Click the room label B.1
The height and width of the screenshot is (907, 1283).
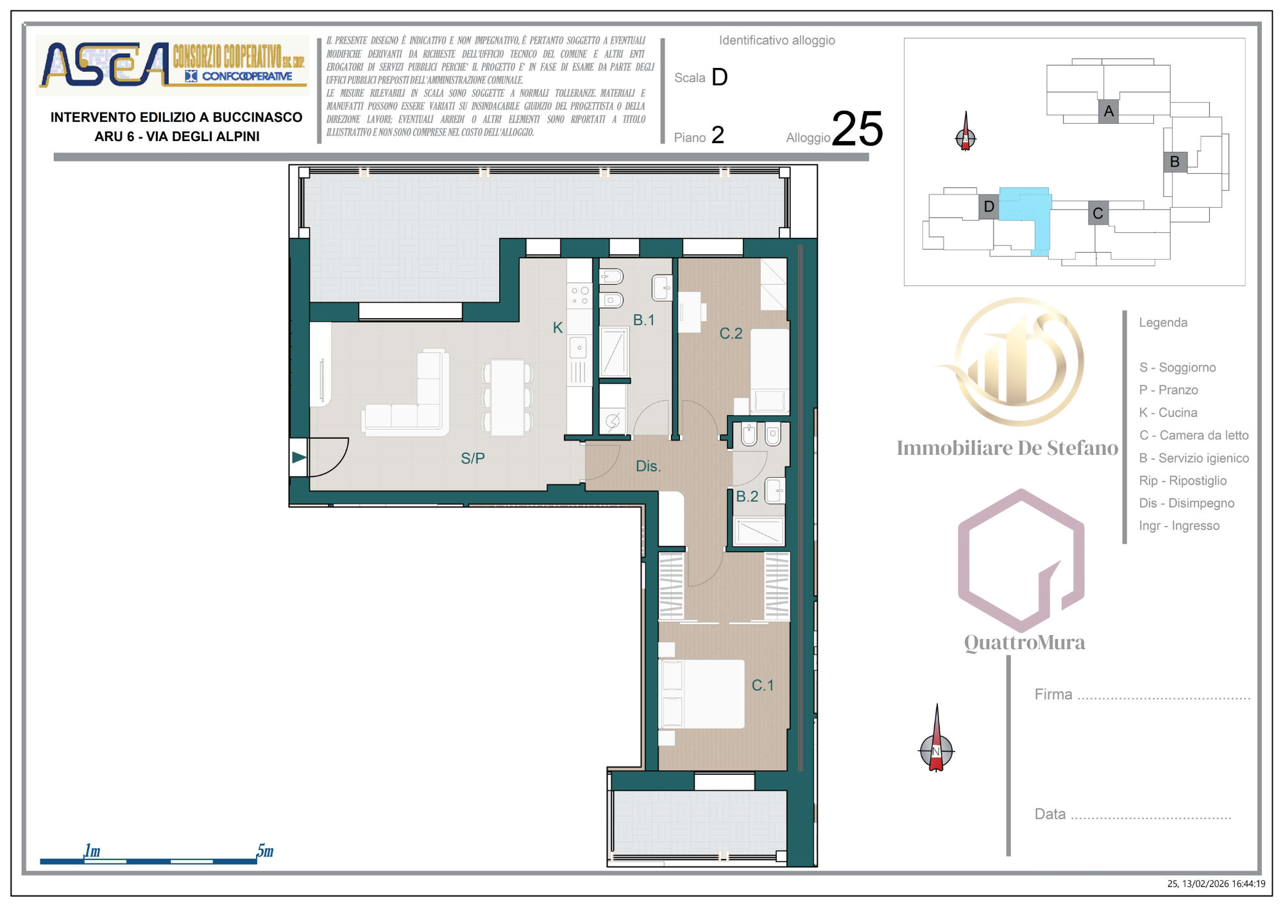coord(643,319)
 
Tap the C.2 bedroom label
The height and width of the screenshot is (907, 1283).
coord(731,333)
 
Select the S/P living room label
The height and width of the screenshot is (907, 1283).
coord(473,458)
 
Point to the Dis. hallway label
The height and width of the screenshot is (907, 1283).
coord(648,466)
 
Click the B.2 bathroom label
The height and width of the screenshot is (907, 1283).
coord(747,496)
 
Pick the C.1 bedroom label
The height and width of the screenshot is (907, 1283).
coord(762,685)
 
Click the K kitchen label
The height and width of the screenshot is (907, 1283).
coord(557,327)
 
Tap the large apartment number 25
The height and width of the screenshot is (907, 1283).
coord(858,128)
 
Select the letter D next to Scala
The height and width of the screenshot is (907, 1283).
coord(720,77)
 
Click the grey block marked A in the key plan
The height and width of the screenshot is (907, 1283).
coord(1109,112)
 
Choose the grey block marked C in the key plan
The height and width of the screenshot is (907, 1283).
coord(1098,213)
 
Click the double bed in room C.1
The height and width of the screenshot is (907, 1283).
coord(702,694)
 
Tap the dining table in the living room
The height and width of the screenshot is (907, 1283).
coord(507,398)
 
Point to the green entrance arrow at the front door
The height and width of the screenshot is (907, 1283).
coord(299,457)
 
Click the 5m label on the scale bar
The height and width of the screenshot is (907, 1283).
coord(265,851)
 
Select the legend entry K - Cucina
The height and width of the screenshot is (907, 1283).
coord(1168,412)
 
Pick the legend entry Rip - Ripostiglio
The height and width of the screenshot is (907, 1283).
coord(1183,480)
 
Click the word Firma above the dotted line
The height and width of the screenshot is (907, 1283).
coord(1053,694)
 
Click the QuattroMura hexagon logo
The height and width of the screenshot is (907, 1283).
coord(1021,561)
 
